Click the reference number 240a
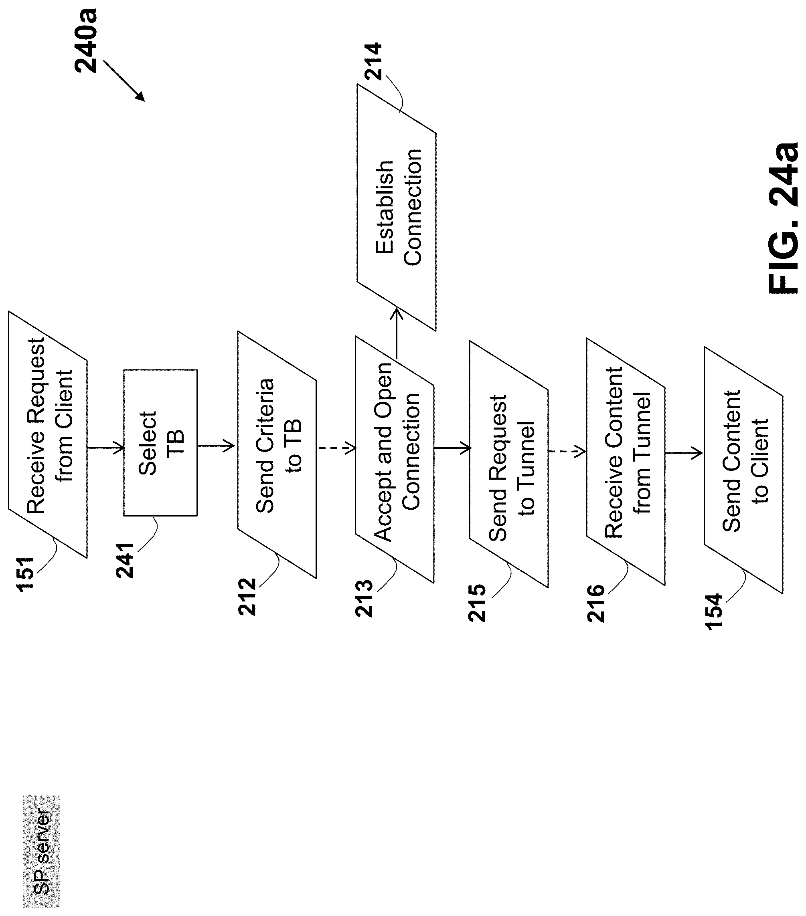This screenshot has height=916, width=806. click(86, 40)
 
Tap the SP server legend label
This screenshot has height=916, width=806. click(41, 844)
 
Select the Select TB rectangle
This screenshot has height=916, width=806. click(160, 442)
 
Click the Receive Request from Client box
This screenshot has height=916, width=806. click(48, 435)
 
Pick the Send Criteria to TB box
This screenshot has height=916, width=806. click(277, 454)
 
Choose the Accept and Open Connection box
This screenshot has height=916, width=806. click(395, 459)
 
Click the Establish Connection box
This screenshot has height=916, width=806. click(397, 207)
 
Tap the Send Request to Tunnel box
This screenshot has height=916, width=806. click(508, 464)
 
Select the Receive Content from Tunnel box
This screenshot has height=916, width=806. click(626, 462)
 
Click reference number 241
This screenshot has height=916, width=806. click(125, 560)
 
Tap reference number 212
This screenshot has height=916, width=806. click(247, 596)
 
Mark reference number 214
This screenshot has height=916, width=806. click(373, 61)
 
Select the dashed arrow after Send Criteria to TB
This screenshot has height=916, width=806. click(336, 447)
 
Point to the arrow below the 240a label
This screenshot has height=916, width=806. click(124, 81)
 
